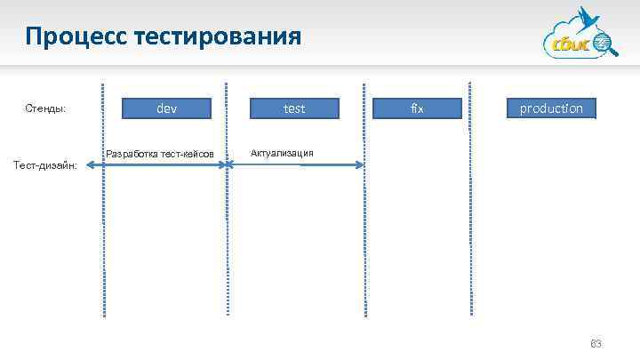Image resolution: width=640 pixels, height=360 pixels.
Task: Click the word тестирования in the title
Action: pyautogui.click(x=218, y=37)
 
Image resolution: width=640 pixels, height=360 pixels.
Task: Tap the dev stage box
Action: pyautogui.click(x=166, y=108)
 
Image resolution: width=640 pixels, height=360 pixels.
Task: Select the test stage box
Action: pyautogui.click(x=294, y=108)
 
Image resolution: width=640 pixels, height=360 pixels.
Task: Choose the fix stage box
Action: pyautogui.click(x=418, y=108)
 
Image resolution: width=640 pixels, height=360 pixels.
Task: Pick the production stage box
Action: pyautogui.click(x=551, y=108)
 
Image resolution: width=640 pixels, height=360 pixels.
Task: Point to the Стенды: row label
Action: pyautogui.click(x=46, y=109)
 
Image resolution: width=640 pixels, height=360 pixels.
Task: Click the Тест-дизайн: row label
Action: pyautogui.click(x=48, y=164)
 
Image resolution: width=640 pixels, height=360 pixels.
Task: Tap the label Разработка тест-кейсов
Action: pyautogui.click(x=160, y=154)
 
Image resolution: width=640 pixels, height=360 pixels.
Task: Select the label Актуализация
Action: pyautogui.click(x=283, y=152)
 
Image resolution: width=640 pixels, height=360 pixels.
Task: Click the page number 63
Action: pyautogui.click(x=596, y=343)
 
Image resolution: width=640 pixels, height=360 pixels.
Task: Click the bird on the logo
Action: pyautogui.click(x=588, y=20)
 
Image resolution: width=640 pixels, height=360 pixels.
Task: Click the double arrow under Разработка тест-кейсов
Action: pyautogui.click(x=165, y=164)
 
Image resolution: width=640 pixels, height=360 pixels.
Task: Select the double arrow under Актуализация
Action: pyautogui.click(x=297, y=164)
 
